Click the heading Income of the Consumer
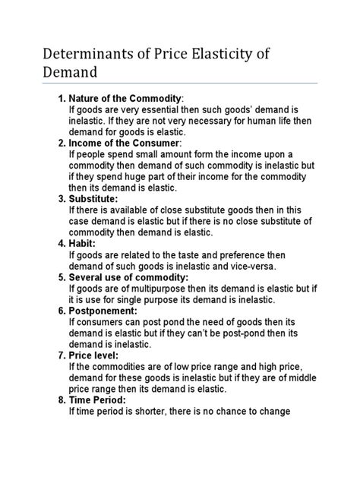(x=125, y=143)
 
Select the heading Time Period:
(x=97, y=400)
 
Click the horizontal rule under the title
(x=179, y=84)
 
